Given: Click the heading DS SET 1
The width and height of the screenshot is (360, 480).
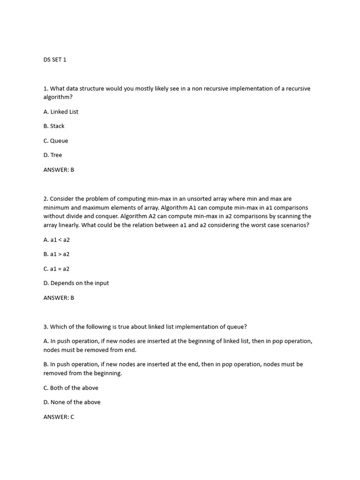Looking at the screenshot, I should coord(55,60).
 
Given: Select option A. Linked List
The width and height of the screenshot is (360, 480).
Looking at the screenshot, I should coord(61,112).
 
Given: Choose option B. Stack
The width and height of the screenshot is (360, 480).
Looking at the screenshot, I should coord(54,126).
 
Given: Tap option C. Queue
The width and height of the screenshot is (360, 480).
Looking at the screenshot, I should coord(56,141).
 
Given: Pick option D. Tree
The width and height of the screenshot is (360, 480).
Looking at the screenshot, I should coord(52,155).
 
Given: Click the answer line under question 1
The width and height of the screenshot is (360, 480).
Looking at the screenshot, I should coord(59,170).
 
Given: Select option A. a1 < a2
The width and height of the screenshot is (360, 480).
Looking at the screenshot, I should coord(57,240).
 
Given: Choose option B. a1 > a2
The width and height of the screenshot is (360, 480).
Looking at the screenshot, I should coord(57,254).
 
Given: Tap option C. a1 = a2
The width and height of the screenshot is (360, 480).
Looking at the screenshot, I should coord(57,269).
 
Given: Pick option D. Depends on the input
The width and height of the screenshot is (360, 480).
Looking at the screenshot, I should coord(76,283).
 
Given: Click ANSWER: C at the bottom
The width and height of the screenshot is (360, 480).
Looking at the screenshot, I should coord(59,416).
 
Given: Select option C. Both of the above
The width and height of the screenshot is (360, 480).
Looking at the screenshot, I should coord(71,388).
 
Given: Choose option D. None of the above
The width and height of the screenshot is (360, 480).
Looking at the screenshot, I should coord(72,402).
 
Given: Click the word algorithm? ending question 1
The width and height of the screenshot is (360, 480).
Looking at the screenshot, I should coord(58,97).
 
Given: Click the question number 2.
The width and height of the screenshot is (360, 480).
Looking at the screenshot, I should coord(45,199).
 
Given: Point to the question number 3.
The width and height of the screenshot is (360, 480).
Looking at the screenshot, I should coord(45,327).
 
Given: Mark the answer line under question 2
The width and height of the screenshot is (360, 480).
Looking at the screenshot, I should coord(59,298).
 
